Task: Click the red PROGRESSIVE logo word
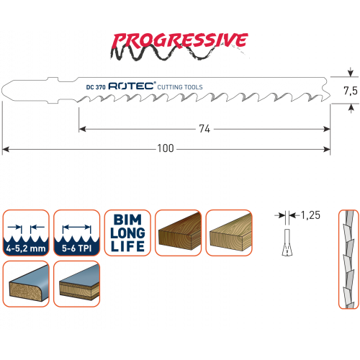coord(179,40)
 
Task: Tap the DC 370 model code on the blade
coord(96,87)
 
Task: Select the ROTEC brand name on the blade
coord(132,86)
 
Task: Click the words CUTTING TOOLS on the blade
coord(180,87)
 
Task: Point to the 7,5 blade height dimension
coord(351,91)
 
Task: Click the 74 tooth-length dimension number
coord(204,129)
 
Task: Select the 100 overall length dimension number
coord(166,148)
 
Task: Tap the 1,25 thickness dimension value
coord(310,215)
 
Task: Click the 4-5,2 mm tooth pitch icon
coord(26,233)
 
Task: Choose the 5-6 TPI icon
coord(76,233)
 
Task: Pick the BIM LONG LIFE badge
coord(127,233)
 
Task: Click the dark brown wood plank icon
coord(178,233)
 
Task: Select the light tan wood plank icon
coord(229,233)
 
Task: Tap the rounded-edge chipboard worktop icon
coord(26,284)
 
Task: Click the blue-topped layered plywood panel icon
coord(76,284)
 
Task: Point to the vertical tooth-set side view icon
coord(348,259)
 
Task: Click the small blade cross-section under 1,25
coord(287,243)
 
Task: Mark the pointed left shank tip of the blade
coord(2,90)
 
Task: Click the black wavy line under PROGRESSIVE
coord(168,53)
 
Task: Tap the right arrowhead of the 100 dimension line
coord(327,149)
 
